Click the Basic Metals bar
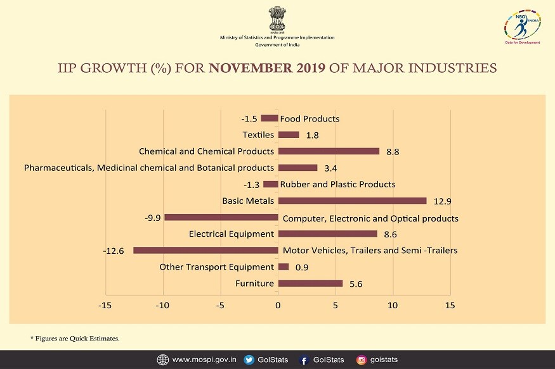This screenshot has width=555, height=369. [352, 201]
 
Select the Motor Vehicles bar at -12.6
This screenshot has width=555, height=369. [206, 250]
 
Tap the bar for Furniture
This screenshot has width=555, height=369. [310, 283]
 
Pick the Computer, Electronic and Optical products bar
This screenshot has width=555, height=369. [221, 217]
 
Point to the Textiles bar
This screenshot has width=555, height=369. [289, 134]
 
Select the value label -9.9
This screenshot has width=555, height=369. [152, 218]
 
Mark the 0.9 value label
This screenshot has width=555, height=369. [301, 267]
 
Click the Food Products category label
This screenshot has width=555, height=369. [310, 118]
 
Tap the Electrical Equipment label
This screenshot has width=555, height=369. [232, 234]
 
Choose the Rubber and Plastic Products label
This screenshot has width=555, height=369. [337, 184]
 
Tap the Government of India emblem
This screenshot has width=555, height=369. [277, 19]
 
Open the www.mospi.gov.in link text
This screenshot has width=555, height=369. [205, 360]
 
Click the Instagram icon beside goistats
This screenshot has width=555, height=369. [362, 360]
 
